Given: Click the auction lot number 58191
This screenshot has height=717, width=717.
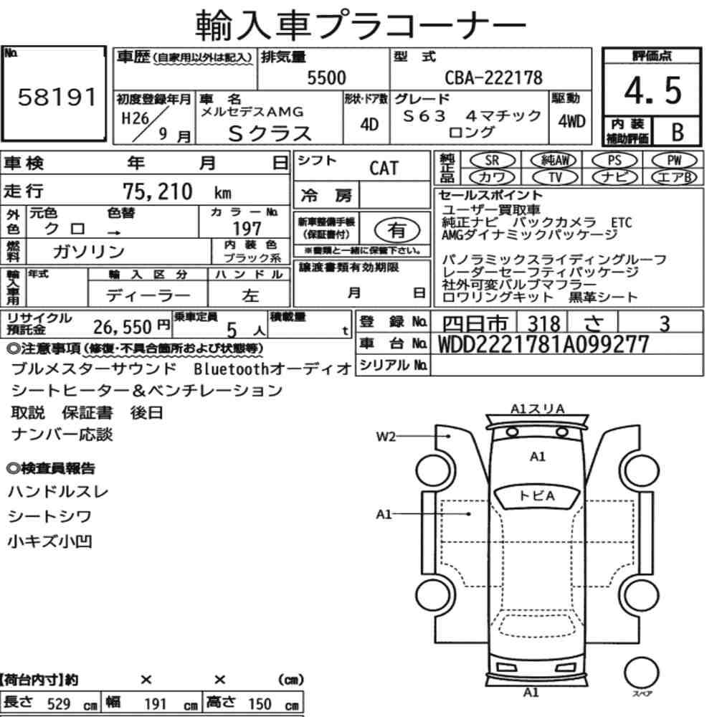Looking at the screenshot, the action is tap(57, 97).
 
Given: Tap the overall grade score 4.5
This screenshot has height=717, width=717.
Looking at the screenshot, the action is tap(652, 90).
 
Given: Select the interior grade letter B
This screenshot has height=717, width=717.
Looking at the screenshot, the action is tap(678, 132).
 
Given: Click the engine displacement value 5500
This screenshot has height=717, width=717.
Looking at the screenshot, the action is tap(326, 77).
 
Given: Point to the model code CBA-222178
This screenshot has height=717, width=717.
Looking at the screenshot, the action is tap(494, 77).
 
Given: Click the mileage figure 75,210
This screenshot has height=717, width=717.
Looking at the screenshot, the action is tap(157, 191).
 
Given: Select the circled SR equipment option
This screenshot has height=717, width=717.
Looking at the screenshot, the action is tap(492, 161).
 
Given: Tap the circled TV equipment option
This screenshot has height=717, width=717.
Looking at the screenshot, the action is tap(555, 177).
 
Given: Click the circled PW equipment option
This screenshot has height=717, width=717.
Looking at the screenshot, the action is tap(674, 161).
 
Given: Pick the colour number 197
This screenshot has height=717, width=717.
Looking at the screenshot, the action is tap(247, 228).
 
